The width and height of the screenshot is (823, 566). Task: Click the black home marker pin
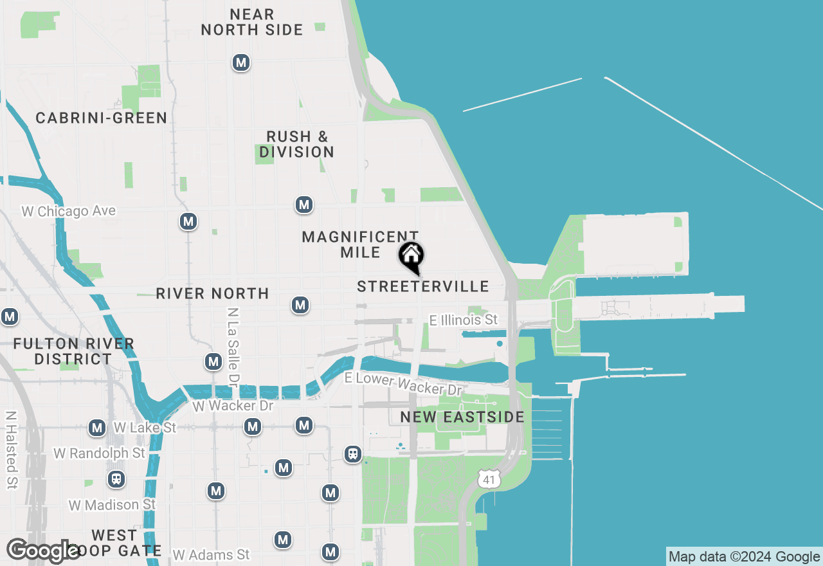point(411,257)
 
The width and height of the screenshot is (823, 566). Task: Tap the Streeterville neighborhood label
point(423,287)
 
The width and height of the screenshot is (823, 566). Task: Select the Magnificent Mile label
point(360,244)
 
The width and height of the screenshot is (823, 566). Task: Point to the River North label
point(212,294)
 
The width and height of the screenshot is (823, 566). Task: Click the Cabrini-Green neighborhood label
point(102,118)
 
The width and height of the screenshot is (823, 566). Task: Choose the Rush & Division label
point(297,145)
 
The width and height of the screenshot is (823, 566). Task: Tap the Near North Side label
point(252,22)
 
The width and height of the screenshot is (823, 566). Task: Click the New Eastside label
point(462,417)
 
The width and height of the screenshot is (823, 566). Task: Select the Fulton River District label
point(73,351)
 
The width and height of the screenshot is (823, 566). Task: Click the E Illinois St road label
point(464,320)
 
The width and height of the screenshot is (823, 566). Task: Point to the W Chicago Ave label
point(69,211)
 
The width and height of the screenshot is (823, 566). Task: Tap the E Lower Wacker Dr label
point(403,384)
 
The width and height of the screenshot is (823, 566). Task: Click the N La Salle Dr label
point(233,345)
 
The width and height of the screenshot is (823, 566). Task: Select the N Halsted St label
point(11,450)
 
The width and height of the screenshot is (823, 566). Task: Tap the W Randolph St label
point(100,453)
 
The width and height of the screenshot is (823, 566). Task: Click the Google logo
point(43,551)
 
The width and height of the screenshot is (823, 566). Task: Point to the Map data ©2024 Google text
point(744,557)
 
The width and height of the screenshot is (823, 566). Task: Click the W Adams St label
point(211,554)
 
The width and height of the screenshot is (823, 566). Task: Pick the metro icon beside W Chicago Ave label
point(188,222)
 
